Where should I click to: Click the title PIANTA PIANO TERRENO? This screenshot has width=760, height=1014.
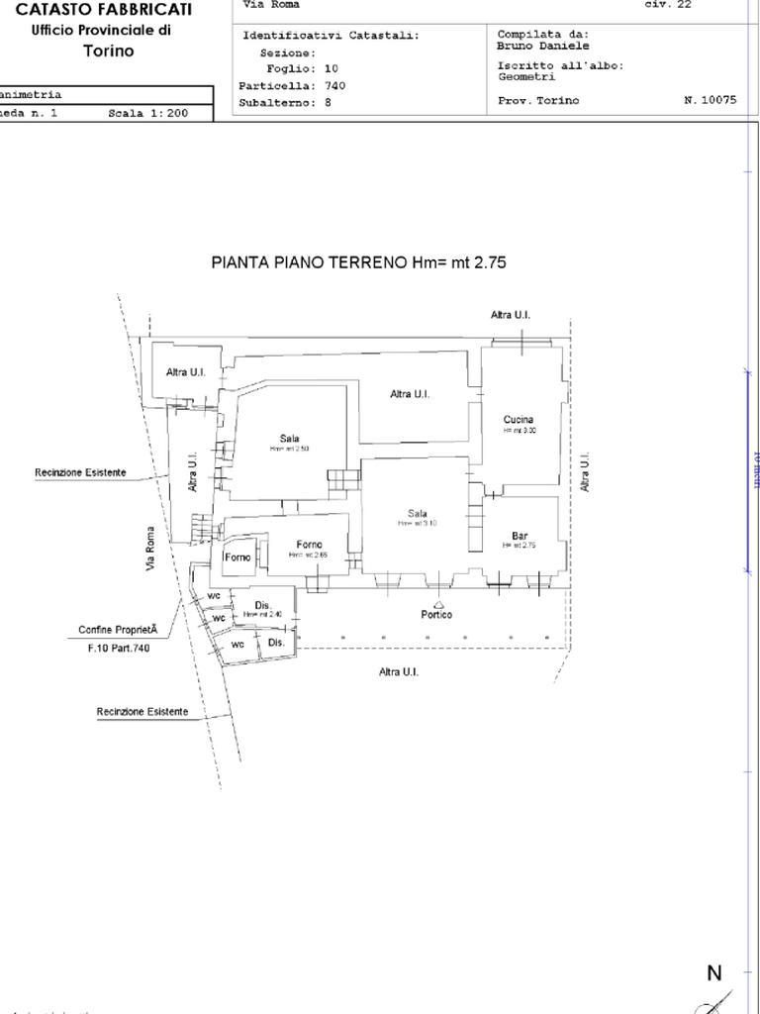pyautogui.click(x=359, y=262)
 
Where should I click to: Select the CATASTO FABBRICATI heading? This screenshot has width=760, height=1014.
pyautogui.click(x=104, y=9)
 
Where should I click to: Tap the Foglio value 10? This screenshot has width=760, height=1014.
pyautogui.click(x=331, y=69)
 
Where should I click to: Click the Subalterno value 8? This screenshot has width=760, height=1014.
pyautogui.click(x=328, y=102)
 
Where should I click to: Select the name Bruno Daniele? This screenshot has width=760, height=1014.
pyautogui.click(x=543, y=46)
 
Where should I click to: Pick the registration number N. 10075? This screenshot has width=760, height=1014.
pyautogui.click(x=710, y=100)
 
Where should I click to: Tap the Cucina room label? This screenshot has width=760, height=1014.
pyautogui.click(x=519, y=420)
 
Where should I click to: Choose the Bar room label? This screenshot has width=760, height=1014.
pyautogui.click(x=520, y=536)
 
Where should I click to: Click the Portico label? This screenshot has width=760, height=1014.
pyautogui.click(x=436, y=615)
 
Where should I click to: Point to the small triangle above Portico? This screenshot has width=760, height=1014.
pyautogui.click(x=438, y=602)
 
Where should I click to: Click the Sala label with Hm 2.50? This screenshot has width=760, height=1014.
pyautogui.click(x=289, y=439)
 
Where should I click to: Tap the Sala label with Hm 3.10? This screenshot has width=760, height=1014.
pyautogui.click(x=418, y=513)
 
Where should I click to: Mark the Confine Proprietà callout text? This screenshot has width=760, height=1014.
pyautogui.click(x=118, y=630)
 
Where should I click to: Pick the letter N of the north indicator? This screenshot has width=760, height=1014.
pyautogui.click(x=714, y=973)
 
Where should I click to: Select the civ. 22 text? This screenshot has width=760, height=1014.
pyautogui.click(x=668, y=4)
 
